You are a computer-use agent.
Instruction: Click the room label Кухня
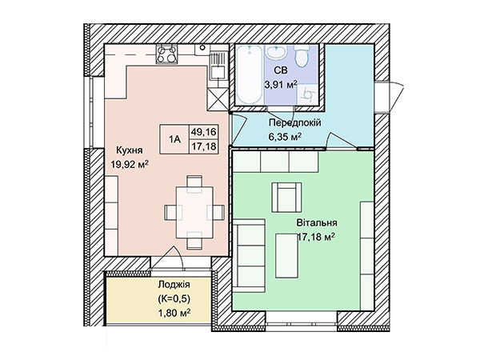point(129,150)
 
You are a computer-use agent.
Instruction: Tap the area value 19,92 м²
point(130,165)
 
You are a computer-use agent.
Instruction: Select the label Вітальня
point(317,222)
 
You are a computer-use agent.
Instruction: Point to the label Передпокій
point(294,122)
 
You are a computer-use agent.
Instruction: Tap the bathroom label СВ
point(281,70)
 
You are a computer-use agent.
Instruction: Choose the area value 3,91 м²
point(281,85)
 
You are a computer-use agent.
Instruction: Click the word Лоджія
point(174,285)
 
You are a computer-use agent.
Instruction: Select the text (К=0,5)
point(174,298)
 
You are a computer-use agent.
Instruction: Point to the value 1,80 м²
point(174,313)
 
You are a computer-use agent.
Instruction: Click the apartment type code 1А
point(174,139)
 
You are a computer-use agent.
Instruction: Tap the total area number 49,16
point(203,132)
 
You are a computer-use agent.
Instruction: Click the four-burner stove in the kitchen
point(167,54)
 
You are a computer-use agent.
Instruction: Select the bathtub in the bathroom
point(250,74)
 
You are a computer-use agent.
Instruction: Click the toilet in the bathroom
point(302,56)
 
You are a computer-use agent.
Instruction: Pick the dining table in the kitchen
point(194,213)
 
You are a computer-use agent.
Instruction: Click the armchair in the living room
point(287,198)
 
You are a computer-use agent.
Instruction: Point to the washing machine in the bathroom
point(307,94)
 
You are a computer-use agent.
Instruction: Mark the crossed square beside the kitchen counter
point(218,99)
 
